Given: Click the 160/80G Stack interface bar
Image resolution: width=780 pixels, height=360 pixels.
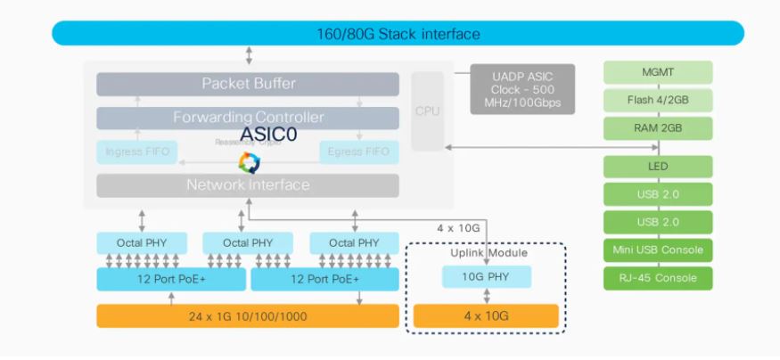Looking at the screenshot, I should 398,34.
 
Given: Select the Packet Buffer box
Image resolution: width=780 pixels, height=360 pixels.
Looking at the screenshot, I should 248,84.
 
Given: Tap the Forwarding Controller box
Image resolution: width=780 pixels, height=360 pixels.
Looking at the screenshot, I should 248,118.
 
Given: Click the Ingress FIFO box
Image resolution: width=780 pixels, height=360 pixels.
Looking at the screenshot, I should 136,151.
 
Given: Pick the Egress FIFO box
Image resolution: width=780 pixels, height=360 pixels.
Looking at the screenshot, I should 358,151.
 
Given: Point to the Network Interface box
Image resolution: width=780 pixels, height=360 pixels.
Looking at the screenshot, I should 248,185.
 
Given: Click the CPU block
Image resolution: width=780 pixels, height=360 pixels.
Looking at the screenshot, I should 427,111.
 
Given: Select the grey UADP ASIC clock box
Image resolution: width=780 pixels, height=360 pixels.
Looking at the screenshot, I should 522,88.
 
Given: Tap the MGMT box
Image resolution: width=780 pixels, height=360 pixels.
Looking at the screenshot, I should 658,72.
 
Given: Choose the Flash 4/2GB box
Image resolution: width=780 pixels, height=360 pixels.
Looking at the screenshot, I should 658,100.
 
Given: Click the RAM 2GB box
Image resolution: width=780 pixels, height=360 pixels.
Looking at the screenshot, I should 658,128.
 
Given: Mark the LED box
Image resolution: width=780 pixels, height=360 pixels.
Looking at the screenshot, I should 658,167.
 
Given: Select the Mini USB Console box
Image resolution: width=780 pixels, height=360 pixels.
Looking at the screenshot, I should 658,250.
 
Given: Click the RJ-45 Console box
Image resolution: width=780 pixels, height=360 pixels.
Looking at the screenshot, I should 658,278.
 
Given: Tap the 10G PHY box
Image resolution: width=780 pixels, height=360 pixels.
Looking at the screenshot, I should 487,277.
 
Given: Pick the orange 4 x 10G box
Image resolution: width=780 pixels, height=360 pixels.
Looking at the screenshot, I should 486,315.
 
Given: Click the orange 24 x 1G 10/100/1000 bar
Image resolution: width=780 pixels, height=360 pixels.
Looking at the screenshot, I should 248,315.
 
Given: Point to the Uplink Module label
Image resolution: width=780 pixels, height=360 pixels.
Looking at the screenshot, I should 487,253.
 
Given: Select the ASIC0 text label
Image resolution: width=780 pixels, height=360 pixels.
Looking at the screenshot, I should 268,134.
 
